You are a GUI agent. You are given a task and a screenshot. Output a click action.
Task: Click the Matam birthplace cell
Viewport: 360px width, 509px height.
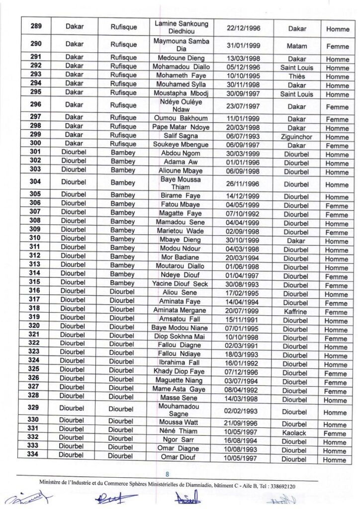point(297,46)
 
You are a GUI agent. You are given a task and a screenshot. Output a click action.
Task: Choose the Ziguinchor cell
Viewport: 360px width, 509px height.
point(297,137)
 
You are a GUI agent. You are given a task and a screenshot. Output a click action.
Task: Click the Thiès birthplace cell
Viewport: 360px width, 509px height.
point(297,77)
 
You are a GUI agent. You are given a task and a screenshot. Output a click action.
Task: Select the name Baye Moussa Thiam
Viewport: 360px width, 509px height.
point(181,183)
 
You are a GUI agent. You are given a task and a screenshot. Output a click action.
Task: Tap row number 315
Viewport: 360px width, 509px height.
point(35,282)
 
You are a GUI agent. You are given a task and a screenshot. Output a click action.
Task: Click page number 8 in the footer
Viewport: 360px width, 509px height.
point(167,474)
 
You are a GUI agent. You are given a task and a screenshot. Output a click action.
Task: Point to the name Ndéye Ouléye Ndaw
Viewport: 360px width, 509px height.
point(181,105)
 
